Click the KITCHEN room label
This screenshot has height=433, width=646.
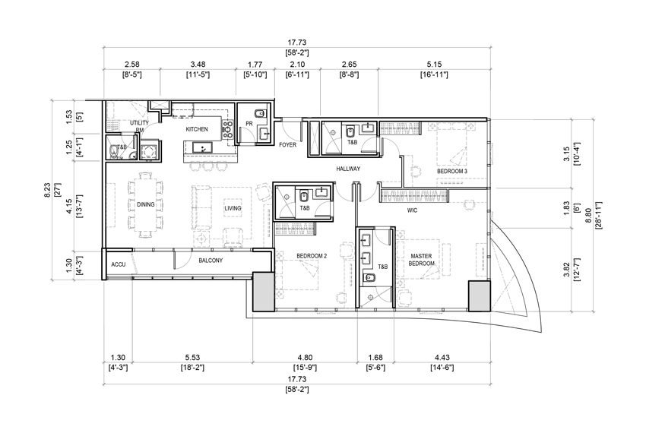[197, 129]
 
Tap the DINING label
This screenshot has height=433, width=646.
[145, 204]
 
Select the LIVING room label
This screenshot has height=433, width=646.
[233, 208]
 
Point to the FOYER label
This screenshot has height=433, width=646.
[287, 144]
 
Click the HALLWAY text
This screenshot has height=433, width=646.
[348, 169]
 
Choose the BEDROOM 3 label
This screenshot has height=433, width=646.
[452, 171]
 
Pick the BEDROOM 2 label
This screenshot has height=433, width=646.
[312, 256]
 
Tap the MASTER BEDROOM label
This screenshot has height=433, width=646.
[421, 260]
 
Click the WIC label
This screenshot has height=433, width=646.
[412, 210]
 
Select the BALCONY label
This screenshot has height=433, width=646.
[211, 261]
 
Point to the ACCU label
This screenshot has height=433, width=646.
[119, 264]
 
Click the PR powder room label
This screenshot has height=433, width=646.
[249, 124]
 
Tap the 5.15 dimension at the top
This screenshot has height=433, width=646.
[434, 65]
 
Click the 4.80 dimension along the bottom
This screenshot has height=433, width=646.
[305, 358]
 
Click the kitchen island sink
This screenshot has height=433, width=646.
[202, 147]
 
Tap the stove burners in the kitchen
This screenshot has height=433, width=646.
[227, 128]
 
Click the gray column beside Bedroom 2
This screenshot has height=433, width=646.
[263, 292]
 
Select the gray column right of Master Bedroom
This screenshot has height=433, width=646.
[480, 296]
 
